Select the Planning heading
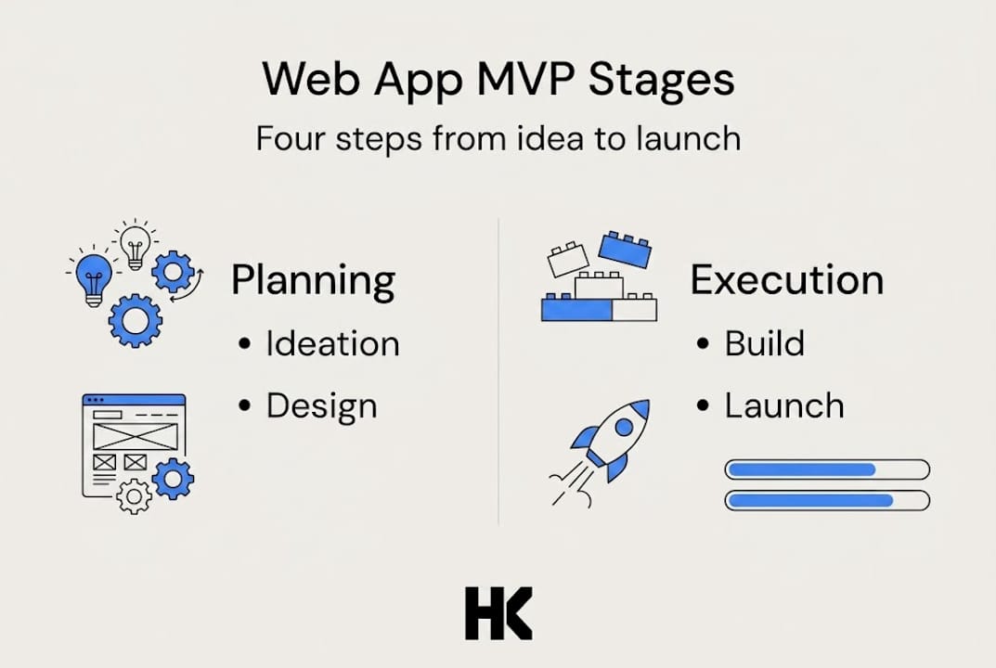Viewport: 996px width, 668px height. (313, 280)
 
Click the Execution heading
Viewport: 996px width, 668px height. (786, 280)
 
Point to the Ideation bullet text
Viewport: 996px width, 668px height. (332, 344)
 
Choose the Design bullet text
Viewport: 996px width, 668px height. (321, 406)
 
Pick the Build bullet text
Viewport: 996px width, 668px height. (764, 344)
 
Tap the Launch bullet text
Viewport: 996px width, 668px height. (784, 406)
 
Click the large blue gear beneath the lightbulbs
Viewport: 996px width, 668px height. (135, 320)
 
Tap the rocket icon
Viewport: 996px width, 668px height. (608, 443)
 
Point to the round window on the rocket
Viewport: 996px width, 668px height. (625, 427)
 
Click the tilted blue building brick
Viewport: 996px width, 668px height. (624, 248)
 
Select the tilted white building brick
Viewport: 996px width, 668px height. (568, 259)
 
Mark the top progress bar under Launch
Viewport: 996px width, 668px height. (826, 469)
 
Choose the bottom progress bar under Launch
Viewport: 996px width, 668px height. (826, 501)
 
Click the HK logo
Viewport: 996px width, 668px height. (498, 613)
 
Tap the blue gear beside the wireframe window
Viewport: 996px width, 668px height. (173, 479)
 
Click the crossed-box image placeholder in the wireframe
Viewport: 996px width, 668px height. (134, 436)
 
